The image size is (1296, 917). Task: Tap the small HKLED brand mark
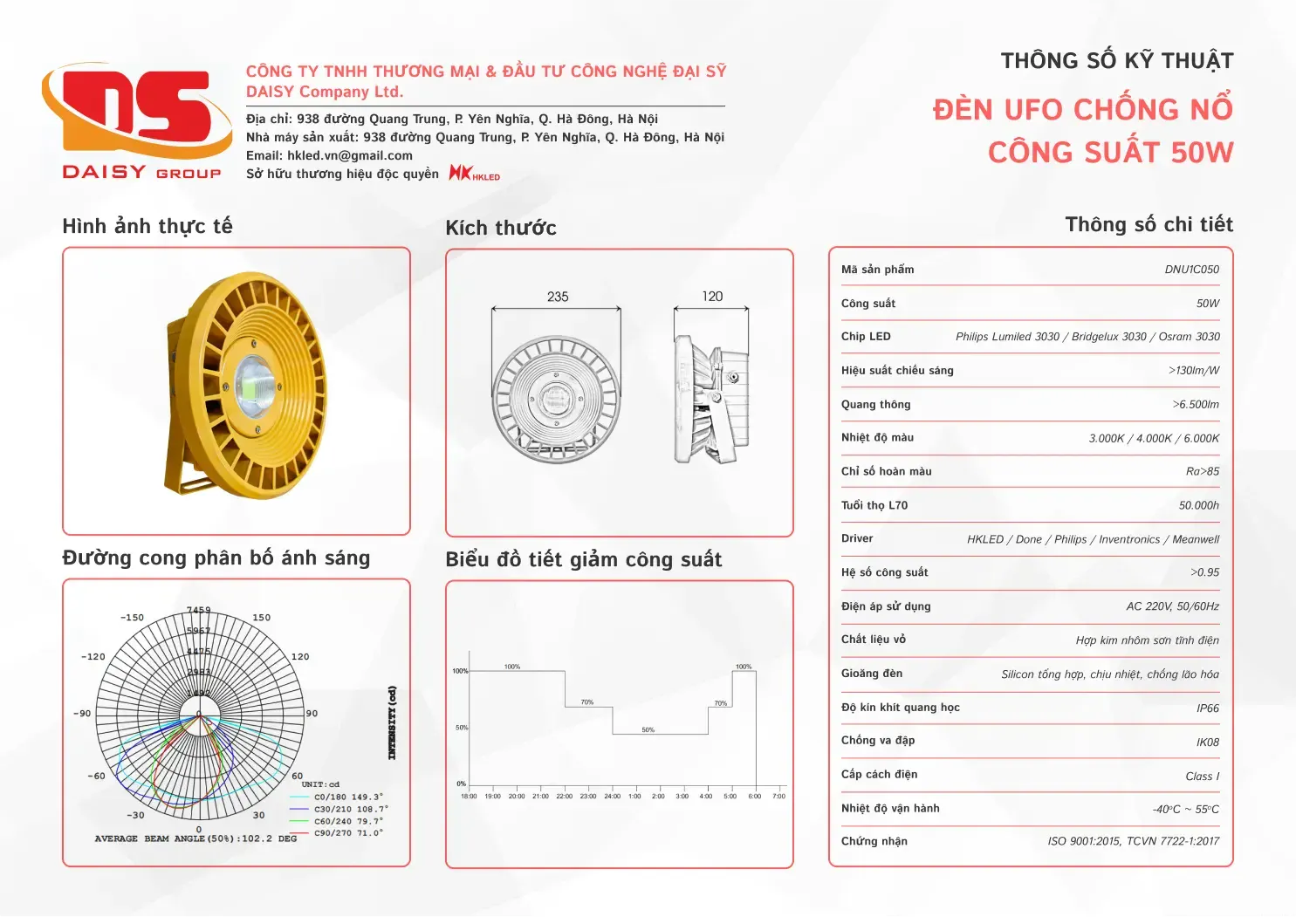pyautogui.click(x=474, y=174)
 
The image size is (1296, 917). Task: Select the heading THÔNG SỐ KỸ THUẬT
pyautogui.click(x=1116, y=61)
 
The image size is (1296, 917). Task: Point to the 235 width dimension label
pyautogui.click(x=558, y=297)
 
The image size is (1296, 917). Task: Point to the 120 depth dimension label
pyautogui.click(x=712, y=297)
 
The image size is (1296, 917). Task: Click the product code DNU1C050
pyautogui.click(x=1191, y=270)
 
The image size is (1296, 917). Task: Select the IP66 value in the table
pyautogui.click(x=1207, y=708)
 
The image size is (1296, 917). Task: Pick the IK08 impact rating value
pyautogui.click(x=1207, y=742)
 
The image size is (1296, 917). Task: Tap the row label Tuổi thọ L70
pyautogui.click(x=874, y=505)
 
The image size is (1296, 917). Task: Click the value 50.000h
pyautogui.click(x=1198, y=505)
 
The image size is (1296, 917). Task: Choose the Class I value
pyautogui.click(x=1202, y=777)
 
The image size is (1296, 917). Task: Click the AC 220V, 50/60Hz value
pyautogui.click(x=1172, y=606)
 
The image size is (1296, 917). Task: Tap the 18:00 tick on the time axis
pyautogui.click(x=469, y=796)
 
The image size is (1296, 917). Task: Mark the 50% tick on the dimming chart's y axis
pyautogui.click(x=462, y=727)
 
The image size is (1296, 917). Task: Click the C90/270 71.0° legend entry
pyautogui.click(x=348, y=833)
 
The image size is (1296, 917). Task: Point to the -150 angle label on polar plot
pyautogui.click(x=132, y=618)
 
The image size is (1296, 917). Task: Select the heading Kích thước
pyautogui.click(x=501, y=229)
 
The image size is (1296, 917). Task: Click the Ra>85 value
pyautogui.click(x=1202, y=471)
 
